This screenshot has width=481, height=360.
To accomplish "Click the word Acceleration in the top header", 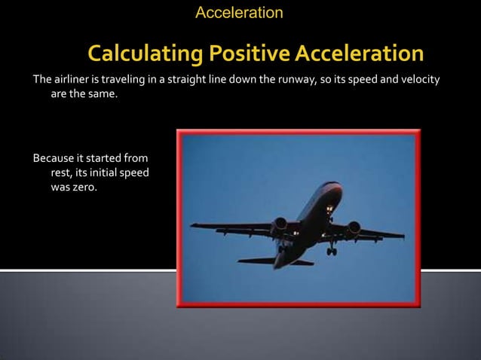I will [239, 13].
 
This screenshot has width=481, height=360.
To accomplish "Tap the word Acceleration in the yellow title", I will [360, 54].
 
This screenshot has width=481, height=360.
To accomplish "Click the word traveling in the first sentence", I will [124, 81].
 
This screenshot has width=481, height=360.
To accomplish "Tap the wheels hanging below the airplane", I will [331, 251].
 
